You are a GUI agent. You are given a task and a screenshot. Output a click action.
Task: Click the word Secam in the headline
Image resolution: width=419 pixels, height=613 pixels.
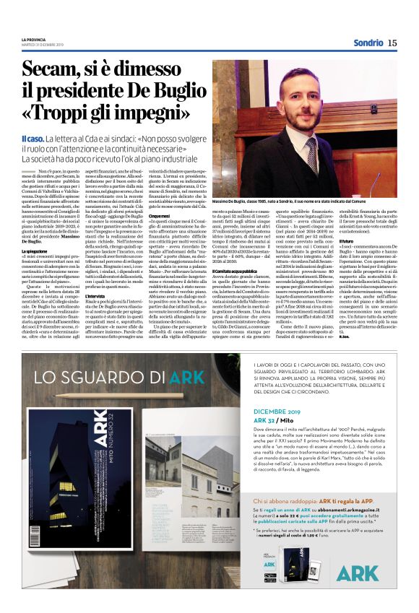pos(54,71)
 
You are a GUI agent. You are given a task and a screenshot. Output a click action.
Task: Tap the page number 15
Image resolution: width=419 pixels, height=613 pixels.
pos(392,43)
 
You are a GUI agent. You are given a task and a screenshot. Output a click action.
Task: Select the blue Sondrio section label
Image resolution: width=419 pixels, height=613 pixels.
pos(368,43)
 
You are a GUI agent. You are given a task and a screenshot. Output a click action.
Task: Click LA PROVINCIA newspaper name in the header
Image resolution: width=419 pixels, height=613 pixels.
pos(34,39)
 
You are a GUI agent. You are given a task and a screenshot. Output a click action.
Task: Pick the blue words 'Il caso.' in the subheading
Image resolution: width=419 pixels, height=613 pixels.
pos(34,138)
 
